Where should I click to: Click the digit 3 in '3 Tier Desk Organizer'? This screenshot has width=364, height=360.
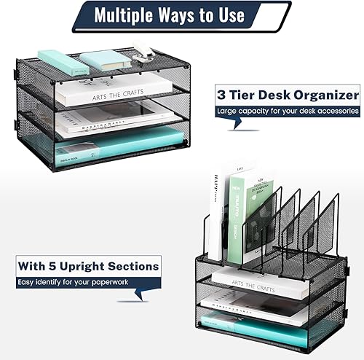(x=221, y=95)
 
